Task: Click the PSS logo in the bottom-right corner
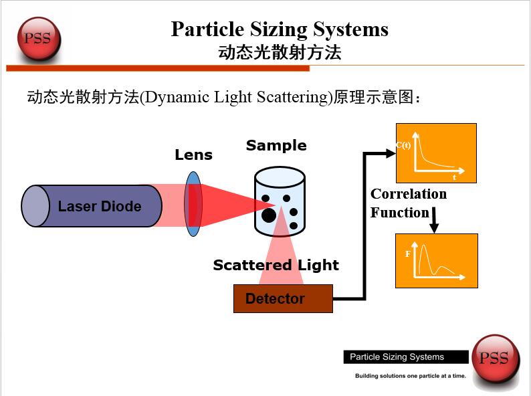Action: (x=494, y=359)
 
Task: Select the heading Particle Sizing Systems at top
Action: (x=280, y=29)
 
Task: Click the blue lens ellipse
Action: (x=193, y=203)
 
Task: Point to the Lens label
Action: (x=193, y=155)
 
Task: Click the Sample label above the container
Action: (x=276, y=146)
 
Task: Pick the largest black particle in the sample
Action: (x=268, y=215)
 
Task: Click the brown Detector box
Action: (x=282, y=298)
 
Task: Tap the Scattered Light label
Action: (x=276, y=265)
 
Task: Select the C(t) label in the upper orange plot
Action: (x=404, y=145)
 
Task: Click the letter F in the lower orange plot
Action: (x=408, y=254)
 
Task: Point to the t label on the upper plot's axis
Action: (x=455, y=177)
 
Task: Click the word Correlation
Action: (x=409, y=194)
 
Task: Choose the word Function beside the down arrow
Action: (x=400, y=213)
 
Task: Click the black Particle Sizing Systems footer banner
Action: (x=405, y=357)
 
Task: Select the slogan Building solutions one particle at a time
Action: (x=410, y=376)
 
